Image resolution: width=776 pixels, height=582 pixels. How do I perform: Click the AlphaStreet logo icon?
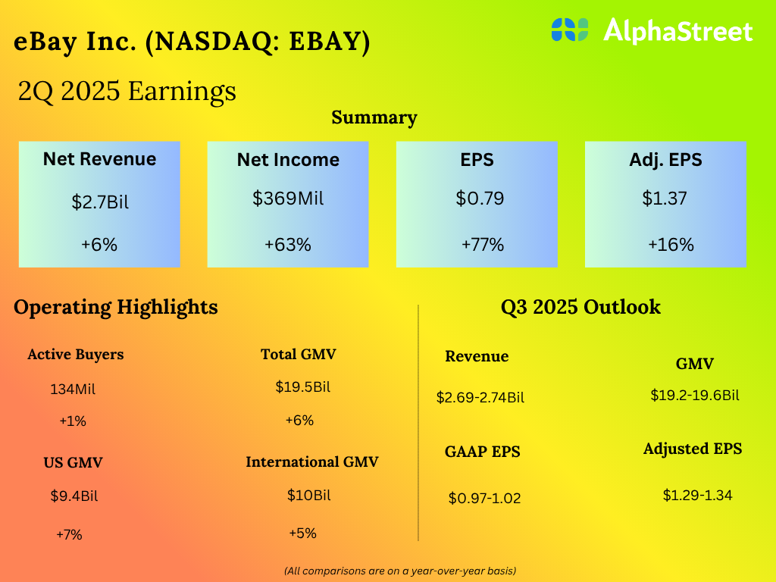click(x=571, y=30)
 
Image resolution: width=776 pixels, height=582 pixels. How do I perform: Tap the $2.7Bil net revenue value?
click(x=99, y=202)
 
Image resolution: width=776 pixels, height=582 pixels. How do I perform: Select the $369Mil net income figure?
click(x=288, y=199)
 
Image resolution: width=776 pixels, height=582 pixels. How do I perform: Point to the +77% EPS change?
click(x=483, y=245)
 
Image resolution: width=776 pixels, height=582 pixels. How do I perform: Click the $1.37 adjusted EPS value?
click(x=665, y=199)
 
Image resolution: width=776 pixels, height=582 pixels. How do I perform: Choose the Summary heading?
click(x=374, y=117)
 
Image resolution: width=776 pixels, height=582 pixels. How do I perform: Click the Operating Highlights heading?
click(x=116, y=307)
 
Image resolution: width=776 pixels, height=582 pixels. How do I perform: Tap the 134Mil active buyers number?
click(x=73, y=390)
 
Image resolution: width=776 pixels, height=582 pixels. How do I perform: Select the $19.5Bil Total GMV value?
click(x=303, y=387)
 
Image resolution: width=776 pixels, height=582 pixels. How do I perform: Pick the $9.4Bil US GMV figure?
click(x=74, y=497)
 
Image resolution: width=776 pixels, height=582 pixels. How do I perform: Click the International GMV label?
click(x=311, y=462)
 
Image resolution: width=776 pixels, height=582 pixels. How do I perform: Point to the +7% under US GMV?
click(x=69, y=534)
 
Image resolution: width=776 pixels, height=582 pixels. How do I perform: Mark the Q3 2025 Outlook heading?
click(x=580, y=307)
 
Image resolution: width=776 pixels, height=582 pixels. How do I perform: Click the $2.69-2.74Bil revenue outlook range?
click(x=480, y=397)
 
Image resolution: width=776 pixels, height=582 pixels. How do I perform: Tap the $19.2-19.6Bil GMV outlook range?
click(x=695, y=395)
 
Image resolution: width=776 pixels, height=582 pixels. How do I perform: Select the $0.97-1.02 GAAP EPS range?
click(x=484, y=499)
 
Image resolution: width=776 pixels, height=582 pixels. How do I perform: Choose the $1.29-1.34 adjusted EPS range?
click(x=697, y=496)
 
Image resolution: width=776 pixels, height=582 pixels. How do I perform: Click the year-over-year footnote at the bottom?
click(x=400, y=570)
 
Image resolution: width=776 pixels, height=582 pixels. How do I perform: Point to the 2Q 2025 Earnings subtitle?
click(x=127, y=92)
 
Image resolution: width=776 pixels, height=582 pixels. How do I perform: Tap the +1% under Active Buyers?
click(x=73, y=421)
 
